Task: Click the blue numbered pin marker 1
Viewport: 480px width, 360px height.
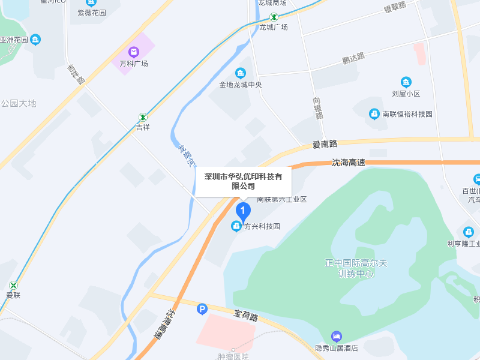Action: point(243,211)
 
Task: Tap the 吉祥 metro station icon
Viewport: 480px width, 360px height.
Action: point(143,117)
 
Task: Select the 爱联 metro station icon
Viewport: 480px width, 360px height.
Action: point(13,285)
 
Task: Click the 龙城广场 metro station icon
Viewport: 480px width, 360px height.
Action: point(274,17)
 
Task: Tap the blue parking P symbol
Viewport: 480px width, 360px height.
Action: point(202,309)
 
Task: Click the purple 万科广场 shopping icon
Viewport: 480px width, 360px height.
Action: point(133,53)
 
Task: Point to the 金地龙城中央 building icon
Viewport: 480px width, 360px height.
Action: point(241,74)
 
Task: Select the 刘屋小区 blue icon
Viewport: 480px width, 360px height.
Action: point(406,82)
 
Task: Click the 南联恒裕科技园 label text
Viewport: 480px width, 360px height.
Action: point(407,113)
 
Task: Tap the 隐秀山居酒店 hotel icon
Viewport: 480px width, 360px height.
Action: point(337,337)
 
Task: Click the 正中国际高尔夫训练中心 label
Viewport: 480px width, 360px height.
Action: point(356,268)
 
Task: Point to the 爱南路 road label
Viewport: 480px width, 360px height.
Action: point(325,144)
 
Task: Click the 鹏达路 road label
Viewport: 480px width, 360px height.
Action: point(353,58)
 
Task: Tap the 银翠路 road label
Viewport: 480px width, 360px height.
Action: point(395,7)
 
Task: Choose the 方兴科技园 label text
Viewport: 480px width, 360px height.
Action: point(262,226)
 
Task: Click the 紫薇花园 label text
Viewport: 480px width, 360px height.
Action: point(91,13)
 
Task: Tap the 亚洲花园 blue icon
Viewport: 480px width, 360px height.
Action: point(36,40)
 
